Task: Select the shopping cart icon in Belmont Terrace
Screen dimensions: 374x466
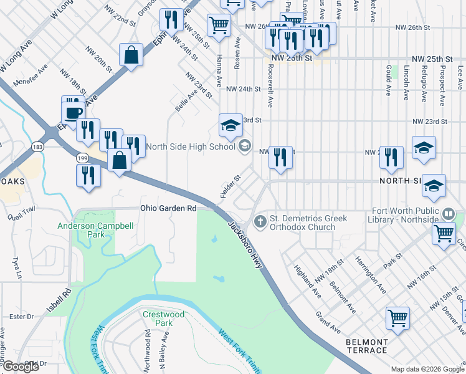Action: click(x=397, y=319)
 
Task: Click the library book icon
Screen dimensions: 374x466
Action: click(x=448, y=214)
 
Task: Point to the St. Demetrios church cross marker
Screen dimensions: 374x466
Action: click(x=261, y=221)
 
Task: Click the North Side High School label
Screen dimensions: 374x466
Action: click(x=191, y=147)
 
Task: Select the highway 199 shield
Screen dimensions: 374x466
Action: click(x=82, y=159)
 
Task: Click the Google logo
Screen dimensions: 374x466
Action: click(x=21, y=367)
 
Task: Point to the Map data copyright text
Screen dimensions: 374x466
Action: click(x=427, y=368)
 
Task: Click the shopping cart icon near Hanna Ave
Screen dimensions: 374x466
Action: click(x=219, y=26)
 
